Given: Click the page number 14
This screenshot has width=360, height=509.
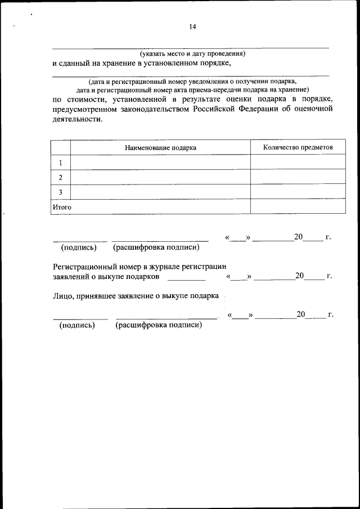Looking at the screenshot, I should pyautogui.click(x=193, y=26).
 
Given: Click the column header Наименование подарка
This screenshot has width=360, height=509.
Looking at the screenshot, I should pyautogui.click(x=160, y=147).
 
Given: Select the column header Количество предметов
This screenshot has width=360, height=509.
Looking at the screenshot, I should pyautogui.click(x=298, y=147).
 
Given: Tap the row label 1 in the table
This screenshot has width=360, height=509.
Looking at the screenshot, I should pyautogui.click(x=60, y=163).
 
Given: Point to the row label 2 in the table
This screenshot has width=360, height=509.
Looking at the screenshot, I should pyautogui.click(x=60, y=177).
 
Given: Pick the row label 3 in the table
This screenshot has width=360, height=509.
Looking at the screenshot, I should pyautogui.click(x=60, y=192).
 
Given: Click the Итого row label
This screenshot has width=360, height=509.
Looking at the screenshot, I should pyautogui.click(x=62, y=207).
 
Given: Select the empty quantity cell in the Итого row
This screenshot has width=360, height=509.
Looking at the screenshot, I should pyautogui.click(x=298, y=206).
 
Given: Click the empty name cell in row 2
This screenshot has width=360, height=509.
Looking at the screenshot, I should pyautogui.click(x=160, y=177).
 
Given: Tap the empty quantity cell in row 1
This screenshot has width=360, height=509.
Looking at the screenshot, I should pyautogui.click(x=298, y=163).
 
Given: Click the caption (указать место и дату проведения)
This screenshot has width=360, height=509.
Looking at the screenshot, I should pyautogui.click(x=193, y=54).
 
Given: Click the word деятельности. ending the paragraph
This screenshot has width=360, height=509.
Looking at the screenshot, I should pyautogui.click(x=78, y=119).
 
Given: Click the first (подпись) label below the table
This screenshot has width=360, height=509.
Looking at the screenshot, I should pyautogui.click(x=79, y=247).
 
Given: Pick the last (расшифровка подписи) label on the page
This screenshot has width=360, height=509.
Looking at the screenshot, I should pyautogui.click(x=159, y=325).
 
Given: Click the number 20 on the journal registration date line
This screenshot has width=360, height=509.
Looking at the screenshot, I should pyautogui.click(x=300, y=276).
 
